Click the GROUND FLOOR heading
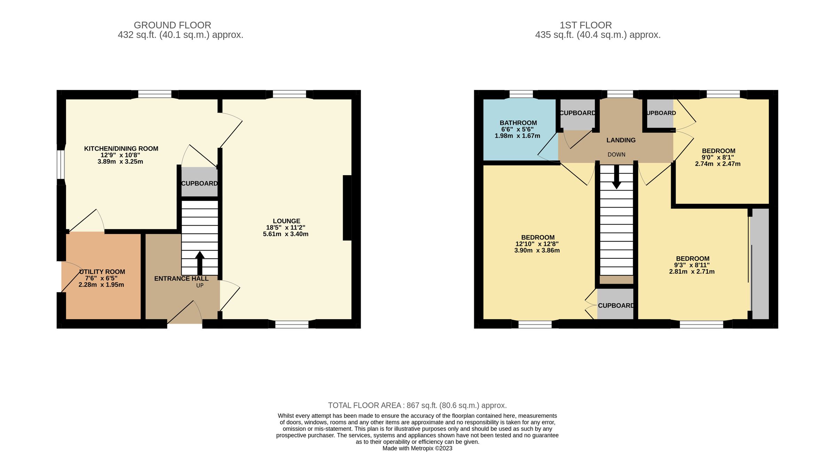click(x=172, y=25)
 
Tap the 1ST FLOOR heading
click(x=586, y=25)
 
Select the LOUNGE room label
click(x=286, y=221)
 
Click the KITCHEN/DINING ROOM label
click(x=121, y=149)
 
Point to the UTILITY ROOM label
click(x=102, y=272)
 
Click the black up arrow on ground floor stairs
click(x=200, y=263)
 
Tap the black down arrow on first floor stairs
click(x=617, y=177)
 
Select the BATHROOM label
click(x=518, y=123)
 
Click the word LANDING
click(x=621, y=140)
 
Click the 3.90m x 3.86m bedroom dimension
click(x=537, y=250)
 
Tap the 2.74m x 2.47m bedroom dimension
click(x=717, y=164)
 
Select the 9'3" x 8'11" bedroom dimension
click(x=692, y=265)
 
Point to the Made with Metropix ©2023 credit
click(x=417, y=449)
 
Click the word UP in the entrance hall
click(x=200, y=285)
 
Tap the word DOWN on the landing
click(x=616, y=155)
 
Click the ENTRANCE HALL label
click(x=181, y=279)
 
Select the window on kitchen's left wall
click(x=61, y=164)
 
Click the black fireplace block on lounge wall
click(x=347, y=208)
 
